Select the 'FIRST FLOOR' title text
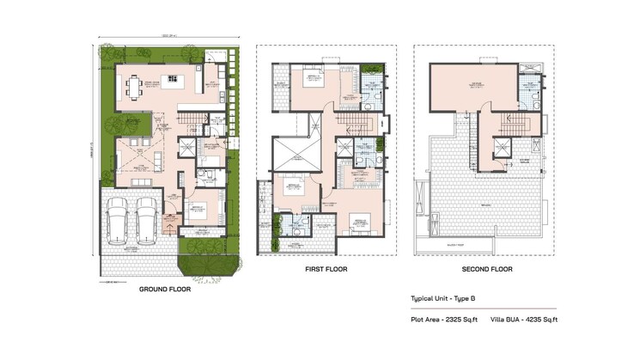tap(325, 269)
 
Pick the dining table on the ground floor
tap(133, 85)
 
